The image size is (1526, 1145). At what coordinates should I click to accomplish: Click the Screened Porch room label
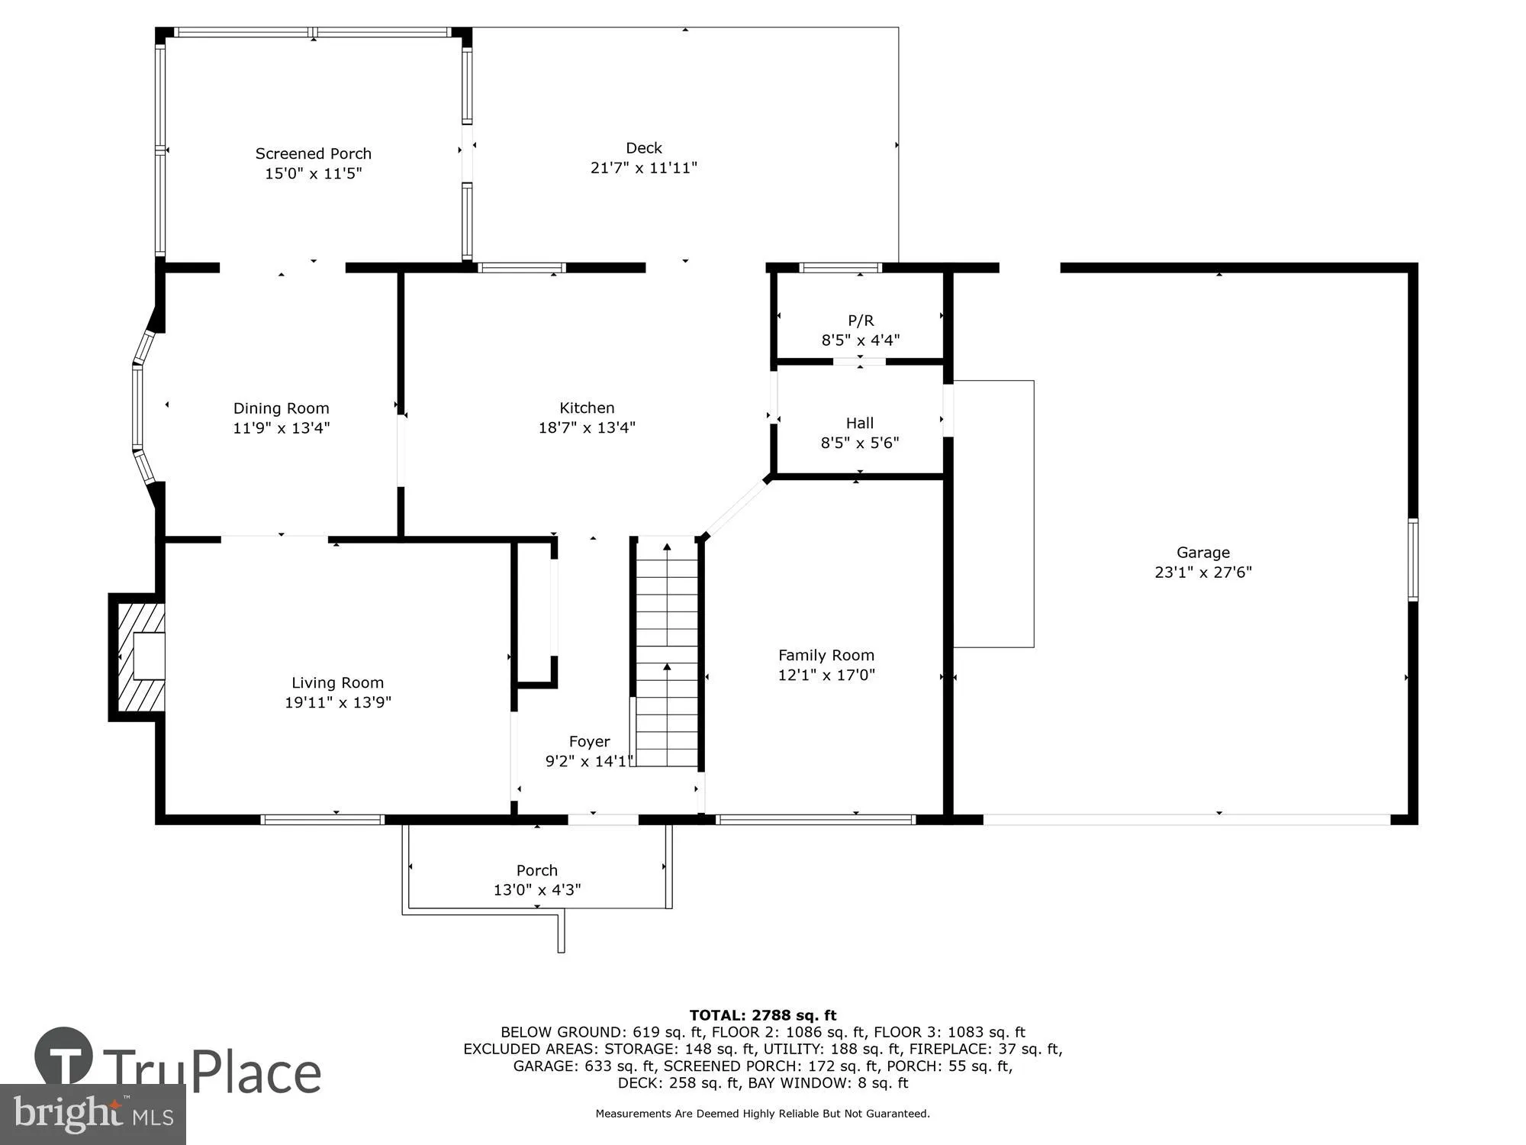pos(313,153)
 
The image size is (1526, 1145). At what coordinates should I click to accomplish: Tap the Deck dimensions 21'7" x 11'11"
pos(643,168)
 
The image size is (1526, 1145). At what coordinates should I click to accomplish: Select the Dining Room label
pos(281,408)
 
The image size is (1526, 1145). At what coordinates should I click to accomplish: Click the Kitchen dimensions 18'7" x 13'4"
pos(587,427)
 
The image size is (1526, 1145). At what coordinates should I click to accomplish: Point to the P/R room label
pos(861,321)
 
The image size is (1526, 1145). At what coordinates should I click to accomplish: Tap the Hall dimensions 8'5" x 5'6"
pos(860,443)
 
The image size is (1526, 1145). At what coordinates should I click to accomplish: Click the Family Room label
pos(826,655)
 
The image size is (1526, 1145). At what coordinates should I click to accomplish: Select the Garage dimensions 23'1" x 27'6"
pos(1202,572)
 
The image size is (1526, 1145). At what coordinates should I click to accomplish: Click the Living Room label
pos(337,682)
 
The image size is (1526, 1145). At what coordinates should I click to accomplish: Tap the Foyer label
pos(589,741)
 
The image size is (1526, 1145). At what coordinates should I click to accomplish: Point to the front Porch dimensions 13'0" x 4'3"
pos(536,890)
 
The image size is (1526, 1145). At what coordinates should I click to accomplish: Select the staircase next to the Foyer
pos(667,653)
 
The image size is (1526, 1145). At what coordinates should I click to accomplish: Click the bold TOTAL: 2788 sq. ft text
pos(762,1015)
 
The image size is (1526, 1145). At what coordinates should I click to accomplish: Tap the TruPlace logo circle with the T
pos(64,1058)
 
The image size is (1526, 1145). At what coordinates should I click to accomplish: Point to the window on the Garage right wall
pos(1412,560)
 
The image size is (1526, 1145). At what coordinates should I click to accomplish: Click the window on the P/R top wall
pos(840,268)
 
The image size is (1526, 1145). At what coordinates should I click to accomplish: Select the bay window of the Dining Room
pos(140,408)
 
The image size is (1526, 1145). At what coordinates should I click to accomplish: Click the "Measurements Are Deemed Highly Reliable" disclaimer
pos(762,1114)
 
